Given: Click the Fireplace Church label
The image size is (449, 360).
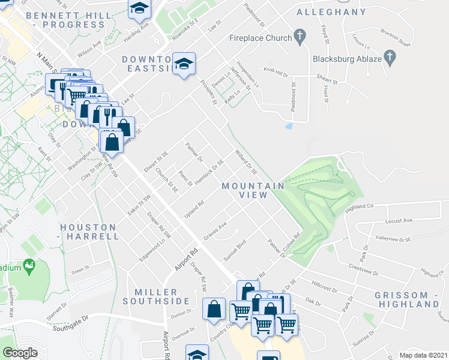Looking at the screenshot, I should (x=261, y=38).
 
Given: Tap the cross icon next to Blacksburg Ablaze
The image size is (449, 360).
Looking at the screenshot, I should (x=390, y=59).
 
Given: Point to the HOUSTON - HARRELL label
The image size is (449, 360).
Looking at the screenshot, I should (x=89, y=232).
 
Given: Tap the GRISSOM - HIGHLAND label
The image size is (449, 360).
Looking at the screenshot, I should (x=407, y=299).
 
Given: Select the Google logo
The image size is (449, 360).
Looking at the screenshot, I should (x=20, y=352).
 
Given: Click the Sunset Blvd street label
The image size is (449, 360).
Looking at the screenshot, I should (x=235, y=247).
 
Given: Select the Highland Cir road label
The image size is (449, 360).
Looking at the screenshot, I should (x=360, y=206).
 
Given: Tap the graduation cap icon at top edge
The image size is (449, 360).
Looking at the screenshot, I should (x=139, y=8).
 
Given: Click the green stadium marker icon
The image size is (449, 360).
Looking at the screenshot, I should (x=28, y=265).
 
